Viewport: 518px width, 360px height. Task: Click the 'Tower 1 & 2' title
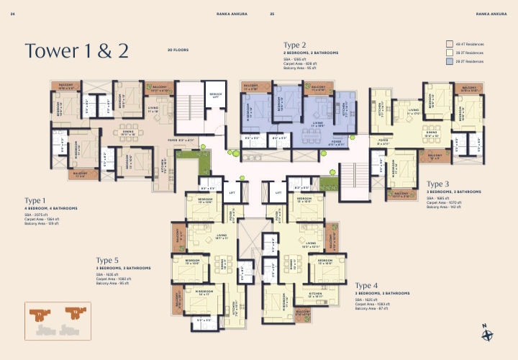coord(76,50)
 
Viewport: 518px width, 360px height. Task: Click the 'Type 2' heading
coord(295,45)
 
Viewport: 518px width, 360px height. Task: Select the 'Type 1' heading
coord(35,200)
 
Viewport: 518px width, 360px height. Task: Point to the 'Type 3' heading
coord(437,184)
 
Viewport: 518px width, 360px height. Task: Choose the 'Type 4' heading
coord(366,286)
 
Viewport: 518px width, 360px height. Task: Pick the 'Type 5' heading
coord(107,260)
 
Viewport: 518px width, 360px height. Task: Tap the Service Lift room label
coord(215,96)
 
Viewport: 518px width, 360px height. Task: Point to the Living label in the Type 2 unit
coord(317,123)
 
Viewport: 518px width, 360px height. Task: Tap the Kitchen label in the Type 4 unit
coord(315,294)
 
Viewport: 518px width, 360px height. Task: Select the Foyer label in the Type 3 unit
coord(383,142)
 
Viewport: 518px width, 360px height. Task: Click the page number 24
coord(14,14)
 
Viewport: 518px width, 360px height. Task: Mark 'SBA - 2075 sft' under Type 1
coord(36,215)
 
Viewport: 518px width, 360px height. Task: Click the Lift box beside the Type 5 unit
coord(232,192)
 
